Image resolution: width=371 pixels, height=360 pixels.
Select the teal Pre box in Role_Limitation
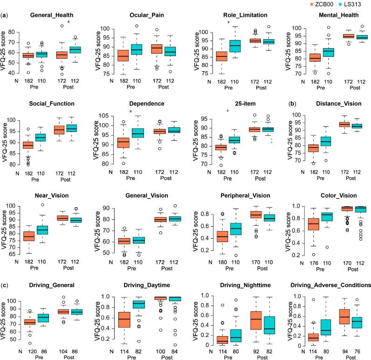tap(234, 46)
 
